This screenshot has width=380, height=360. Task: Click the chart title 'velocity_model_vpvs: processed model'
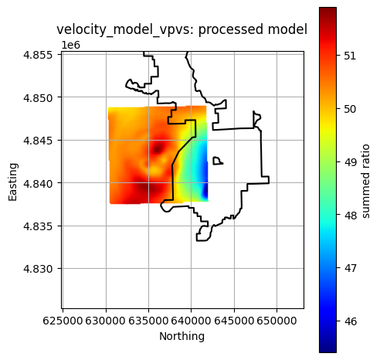point(182,29)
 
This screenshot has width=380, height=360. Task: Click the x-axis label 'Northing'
point(182,336)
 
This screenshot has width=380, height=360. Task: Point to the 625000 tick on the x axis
point(63,319)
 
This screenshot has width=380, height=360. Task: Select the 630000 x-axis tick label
point(106,319)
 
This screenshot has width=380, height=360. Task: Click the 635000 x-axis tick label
point(148,319)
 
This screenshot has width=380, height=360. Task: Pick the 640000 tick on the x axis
point(192,319)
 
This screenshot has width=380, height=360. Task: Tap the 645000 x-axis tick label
point(234,319)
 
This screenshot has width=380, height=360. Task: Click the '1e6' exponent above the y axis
point(70,46)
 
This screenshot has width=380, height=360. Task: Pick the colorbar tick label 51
point(350,56)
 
